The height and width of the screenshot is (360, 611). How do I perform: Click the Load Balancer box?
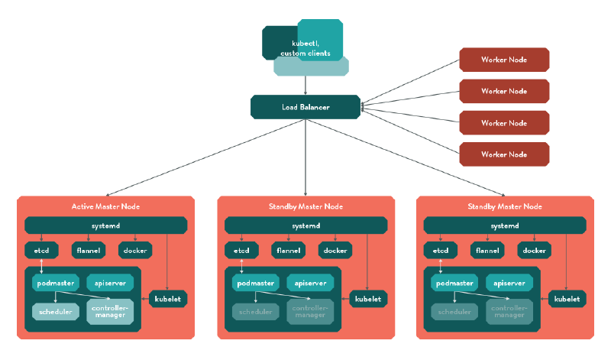(x=305, y=107)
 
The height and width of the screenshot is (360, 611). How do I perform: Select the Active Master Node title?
(x=105, y=206)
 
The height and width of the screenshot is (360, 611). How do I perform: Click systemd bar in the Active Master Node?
(x=105, y=225)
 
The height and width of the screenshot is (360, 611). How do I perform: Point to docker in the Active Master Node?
(x=134, y=250)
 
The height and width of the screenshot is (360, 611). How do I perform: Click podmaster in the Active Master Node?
(x=56, y=283)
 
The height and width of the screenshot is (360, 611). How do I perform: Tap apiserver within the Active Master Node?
(x=110, y=283)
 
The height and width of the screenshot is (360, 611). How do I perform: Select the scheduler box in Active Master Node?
(x=55, y=312)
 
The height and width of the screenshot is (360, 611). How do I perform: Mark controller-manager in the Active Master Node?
(x=110, y=312)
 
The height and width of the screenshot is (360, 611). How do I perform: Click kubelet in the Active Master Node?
(x=168, y=299)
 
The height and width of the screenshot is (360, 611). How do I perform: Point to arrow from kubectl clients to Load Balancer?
(x=305, y=86)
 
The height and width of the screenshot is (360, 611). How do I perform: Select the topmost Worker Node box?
(x=503, y=60)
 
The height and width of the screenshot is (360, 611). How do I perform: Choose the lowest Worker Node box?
(x=503, y=154)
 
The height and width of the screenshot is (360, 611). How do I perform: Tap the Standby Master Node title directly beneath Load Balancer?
(x=305, y=206)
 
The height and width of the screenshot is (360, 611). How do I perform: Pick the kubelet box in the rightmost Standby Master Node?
(x=567, y=299)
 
